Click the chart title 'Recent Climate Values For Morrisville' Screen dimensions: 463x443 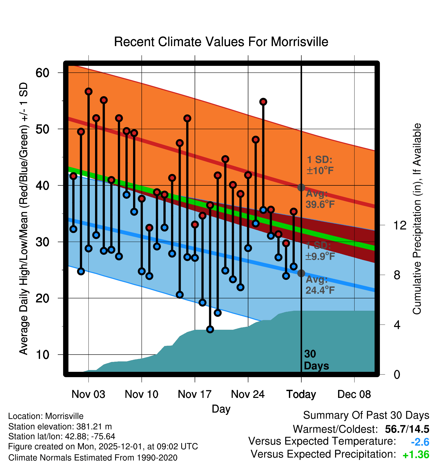point(221,42)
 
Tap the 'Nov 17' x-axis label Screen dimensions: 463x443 point(195,394)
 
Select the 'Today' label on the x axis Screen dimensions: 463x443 point(301,394)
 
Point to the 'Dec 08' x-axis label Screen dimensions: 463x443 point(354,394)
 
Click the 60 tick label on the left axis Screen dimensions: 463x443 point(42,73)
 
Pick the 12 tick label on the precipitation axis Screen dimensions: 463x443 point(400,225)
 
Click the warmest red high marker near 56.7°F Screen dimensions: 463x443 point(88,91)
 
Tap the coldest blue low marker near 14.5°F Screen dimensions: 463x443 point(210,329)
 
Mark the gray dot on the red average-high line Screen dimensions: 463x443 point(301,187)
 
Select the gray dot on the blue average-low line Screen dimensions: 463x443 point(301,273)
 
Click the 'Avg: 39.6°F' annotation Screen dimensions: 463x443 point(320,199)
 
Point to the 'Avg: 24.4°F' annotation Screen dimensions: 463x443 point(320,285)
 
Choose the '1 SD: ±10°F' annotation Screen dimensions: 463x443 point(320,165)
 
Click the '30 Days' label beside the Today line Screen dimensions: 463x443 point(316,360)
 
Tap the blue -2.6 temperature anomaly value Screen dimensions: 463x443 point(420,442)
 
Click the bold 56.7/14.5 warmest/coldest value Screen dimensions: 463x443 point(407,429)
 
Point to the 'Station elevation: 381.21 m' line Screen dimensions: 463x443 point(60,427)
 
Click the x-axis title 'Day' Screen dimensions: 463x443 point(221,409)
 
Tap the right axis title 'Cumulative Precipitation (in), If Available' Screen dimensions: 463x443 point(417,219)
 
